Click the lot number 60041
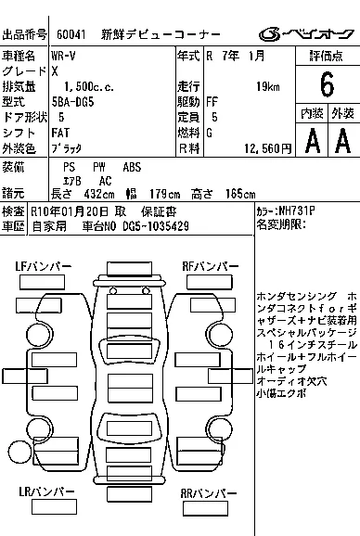(x=71, y=34)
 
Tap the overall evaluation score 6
(x=327, y=84)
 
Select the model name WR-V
(x=63, y=56)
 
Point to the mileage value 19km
(x=268, y=87)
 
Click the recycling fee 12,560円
(x=268, y=148)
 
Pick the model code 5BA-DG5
(x=72, y=102)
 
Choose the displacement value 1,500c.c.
(x=89, y=87)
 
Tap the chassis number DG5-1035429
(x=156, y=226)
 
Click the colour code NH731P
(x=297, y=211)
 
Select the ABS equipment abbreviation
(x=132, y=167)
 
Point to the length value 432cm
(x=99, y=194)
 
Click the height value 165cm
(x=240, y=194)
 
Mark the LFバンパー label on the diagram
(x=43, y=266)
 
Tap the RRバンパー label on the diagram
(x=208, y=493)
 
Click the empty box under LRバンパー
(x=54, y=506)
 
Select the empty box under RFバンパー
(x=210, y=282)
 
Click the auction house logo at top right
(x=306, y=34)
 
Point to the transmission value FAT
(x=60, y=133)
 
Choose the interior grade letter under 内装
(x=313, y=140)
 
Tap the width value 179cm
(x=165, y=194)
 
